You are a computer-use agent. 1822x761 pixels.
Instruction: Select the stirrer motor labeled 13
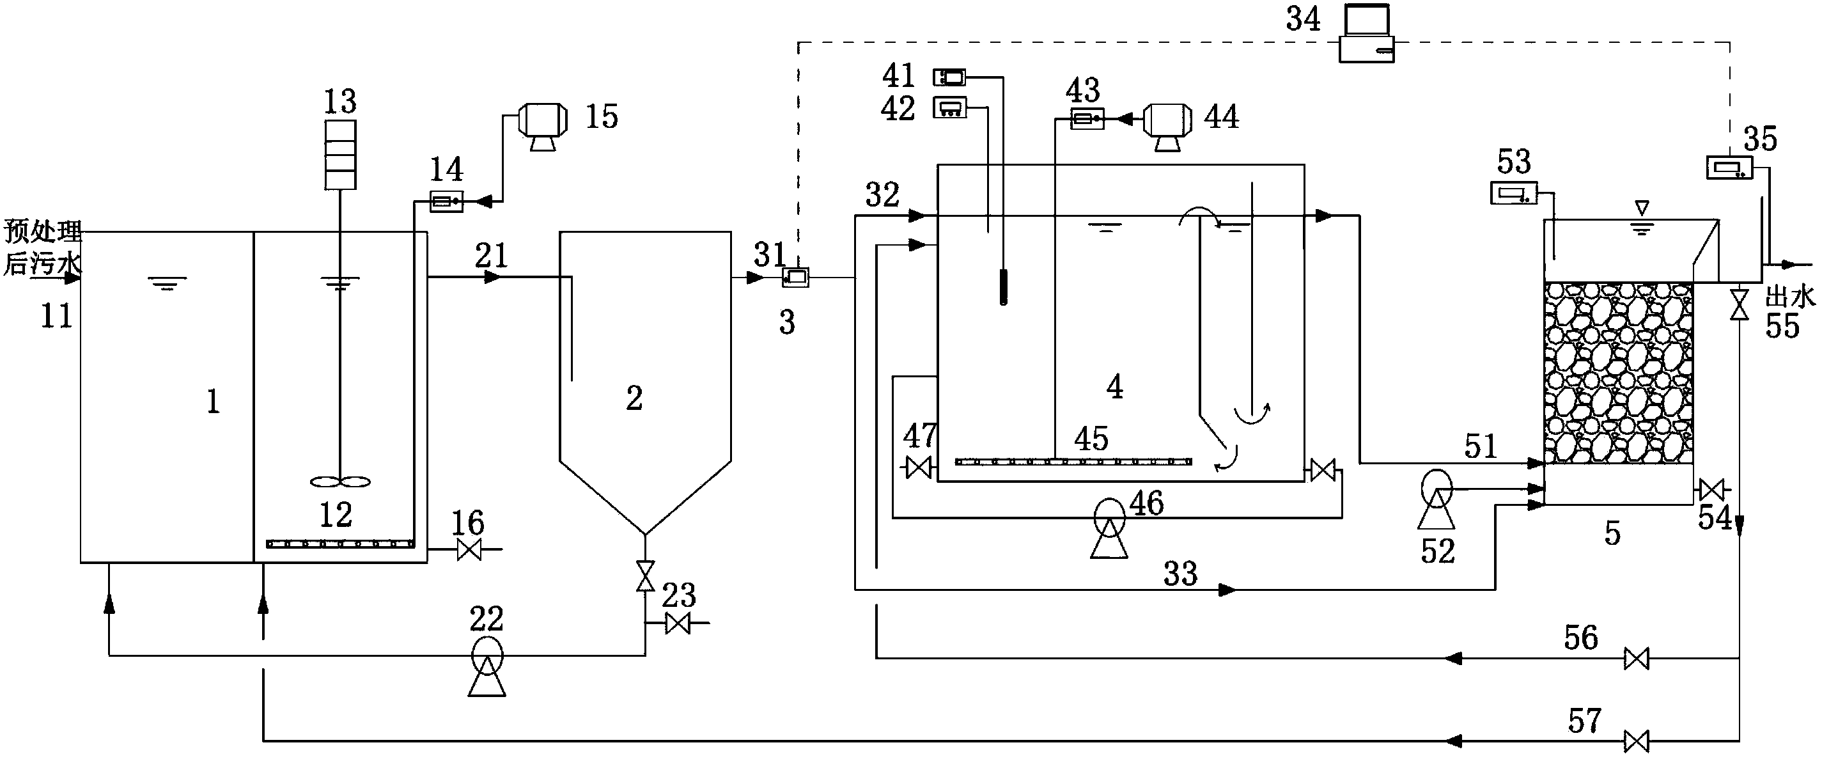(x=340, y=155)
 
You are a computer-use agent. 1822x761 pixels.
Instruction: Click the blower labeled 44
(x=1168, y=125)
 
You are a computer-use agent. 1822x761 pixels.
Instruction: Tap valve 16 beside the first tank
(x=469, y=549)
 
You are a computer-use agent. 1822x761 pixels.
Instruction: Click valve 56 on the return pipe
(x=1636, y=659)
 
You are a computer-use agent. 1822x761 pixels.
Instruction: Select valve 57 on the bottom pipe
(x=1636, y=741)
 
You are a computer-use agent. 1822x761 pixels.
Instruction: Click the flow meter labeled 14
(x=446, y=202)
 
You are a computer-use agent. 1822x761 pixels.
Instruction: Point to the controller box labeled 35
(x=1730, y=168)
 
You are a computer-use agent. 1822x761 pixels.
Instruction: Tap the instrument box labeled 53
(x=1514, y=192)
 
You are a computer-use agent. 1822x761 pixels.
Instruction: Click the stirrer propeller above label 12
(x=340, y=482)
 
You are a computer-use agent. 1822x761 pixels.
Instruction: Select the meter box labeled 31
(x=795, y=278)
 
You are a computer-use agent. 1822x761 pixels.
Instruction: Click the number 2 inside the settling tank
(x=634, y=398)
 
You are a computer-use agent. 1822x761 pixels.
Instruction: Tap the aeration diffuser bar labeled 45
(x=1073, y=462)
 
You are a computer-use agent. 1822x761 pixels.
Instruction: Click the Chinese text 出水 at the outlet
(x=1790, y=297)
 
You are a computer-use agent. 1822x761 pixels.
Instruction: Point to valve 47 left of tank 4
(x=919, y=467)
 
